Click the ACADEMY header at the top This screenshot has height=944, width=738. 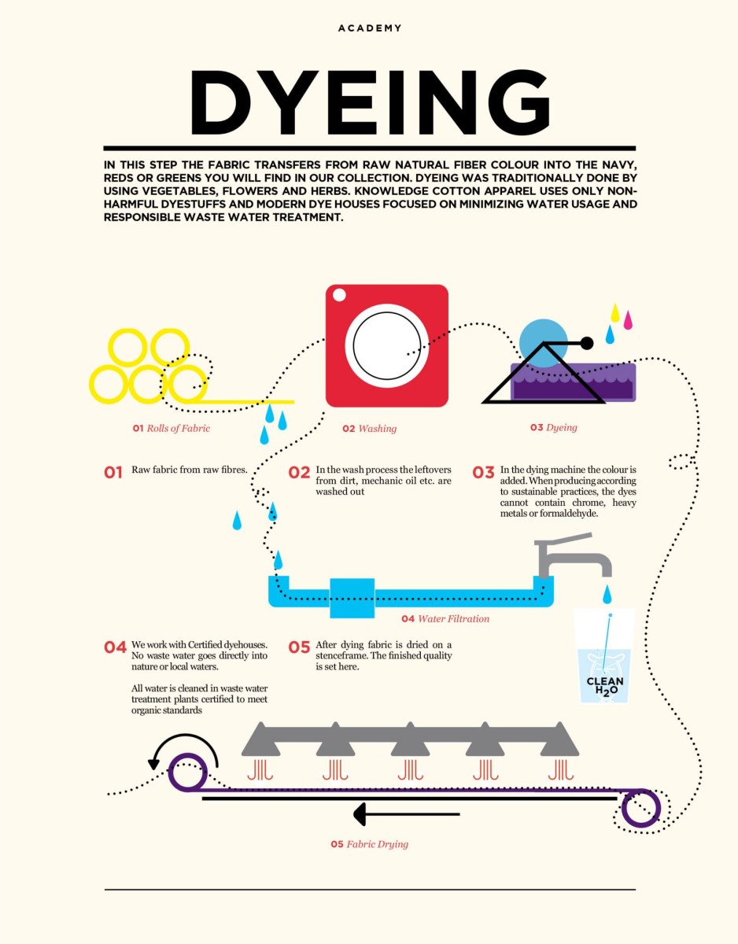point(370,28)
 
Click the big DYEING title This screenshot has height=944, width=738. point(370,102)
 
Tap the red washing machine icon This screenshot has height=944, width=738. point(386,346)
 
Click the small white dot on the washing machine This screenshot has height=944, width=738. point(339,296)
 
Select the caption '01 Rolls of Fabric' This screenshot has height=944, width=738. point(172,429)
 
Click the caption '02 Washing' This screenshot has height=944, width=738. point(369,429)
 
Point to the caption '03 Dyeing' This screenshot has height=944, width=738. point(553,427)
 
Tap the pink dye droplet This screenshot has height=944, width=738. point(628,319)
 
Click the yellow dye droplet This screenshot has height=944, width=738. point(615,313)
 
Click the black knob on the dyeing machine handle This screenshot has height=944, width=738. point(586,343)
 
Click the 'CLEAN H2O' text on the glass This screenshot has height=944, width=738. point(605,686)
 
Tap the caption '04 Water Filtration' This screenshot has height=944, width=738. point(445,618)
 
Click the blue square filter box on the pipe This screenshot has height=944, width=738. point(352,598)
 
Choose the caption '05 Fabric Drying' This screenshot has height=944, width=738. point(369,844)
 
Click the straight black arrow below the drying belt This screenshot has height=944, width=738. point(407,814)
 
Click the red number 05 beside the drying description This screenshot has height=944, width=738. point(299,647)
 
